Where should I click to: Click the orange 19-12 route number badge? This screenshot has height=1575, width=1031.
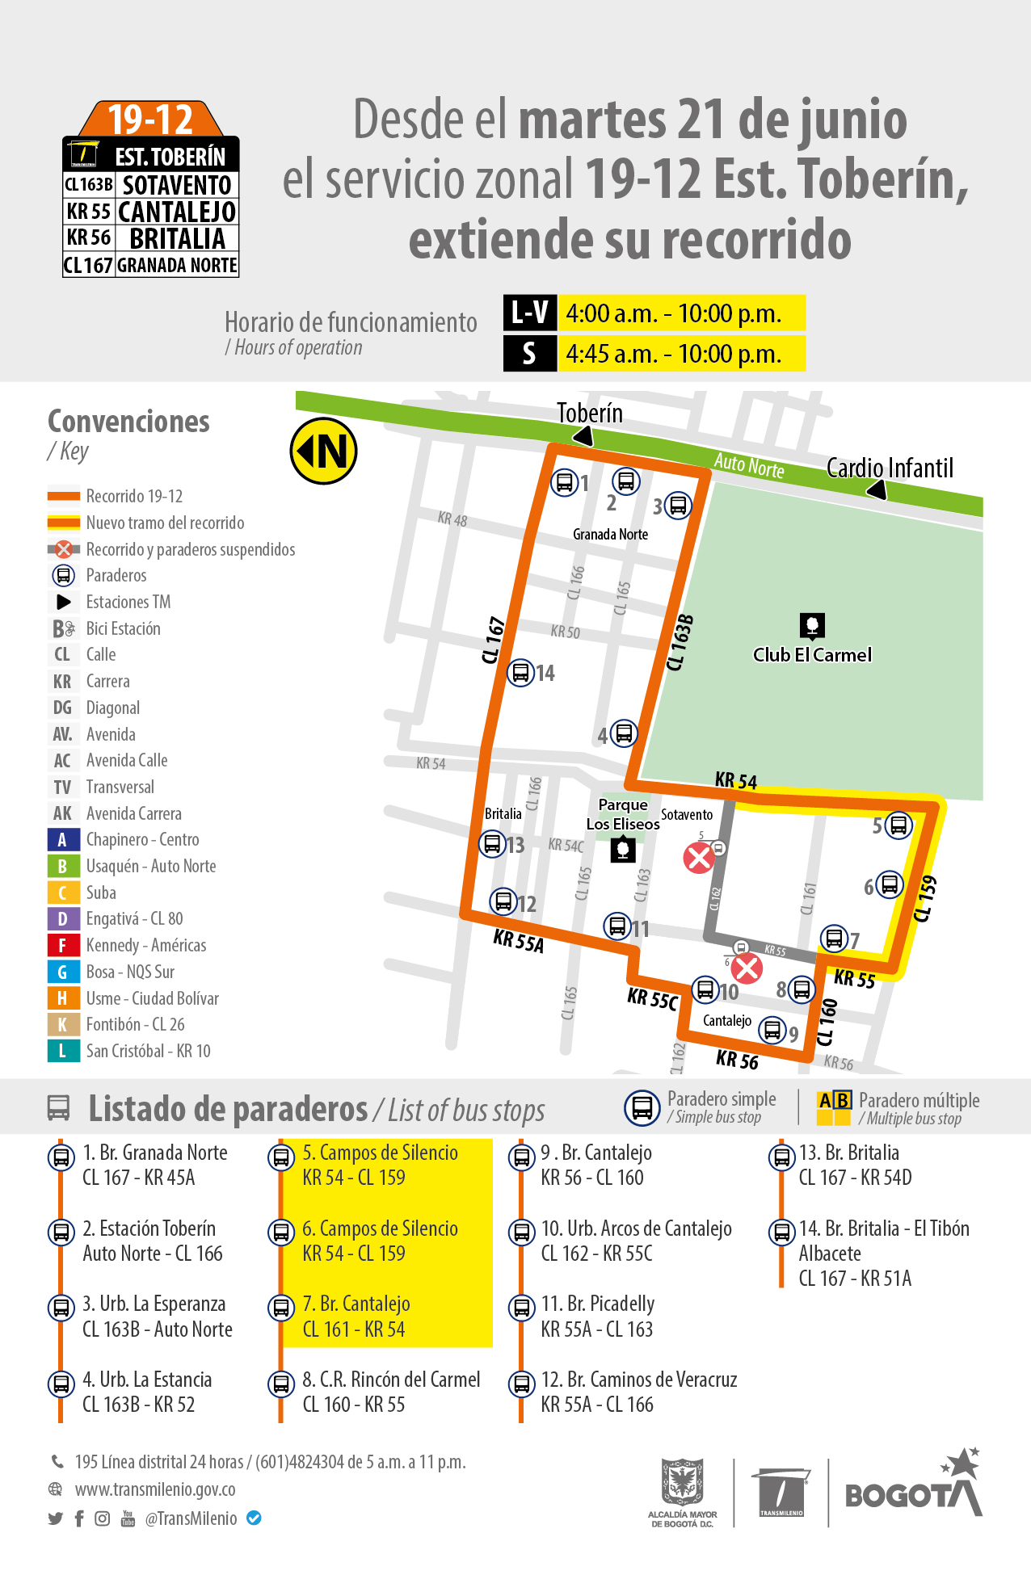(150, 120)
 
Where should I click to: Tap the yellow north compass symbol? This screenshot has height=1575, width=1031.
(324, 451)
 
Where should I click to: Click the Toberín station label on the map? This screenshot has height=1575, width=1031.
(590, 414)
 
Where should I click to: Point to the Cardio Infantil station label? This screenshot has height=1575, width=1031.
(890, 468)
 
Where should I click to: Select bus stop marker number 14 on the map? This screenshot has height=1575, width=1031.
(520, 672)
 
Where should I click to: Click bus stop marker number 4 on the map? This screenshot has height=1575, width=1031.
(623, 733)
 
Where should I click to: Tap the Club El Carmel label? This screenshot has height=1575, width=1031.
(812, 654)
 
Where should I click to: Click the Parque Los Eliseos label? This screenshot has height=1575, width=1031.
(623, 814)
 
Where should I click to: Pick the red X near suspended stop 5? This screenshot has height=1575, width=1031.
(698, 858)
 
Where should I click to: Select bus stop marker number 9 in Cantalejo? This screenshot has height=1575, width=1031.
(773, 1030)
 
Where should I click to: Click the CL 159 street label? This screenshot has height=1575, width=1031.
(925, 899)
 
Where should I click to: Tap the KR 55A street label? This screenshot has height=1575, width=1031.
(518, 941)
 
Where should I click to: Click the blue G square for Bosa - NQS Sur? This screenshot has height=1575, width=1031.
(62, 972)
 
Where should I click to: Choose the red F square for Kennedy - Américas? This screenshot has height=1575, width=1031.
(62, 945)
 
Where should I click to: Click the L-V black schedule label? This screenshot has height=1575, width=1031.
(529, 313)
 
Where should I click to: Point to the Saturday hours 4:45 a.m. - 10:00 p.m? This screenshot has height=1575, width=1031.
(674, 354)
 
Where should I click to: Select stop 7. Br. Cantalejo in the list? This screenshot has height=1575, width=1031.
(356, 1317)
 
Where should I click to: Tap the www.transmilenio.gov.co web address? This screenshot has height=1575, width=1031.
(155, 1489)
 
